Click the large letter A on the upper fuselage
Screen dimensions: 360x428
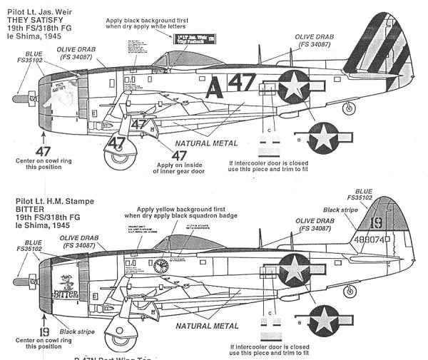click(x=213, y=88)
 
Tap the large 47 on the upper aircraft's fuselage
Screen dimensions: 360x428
click(x=243, y=88)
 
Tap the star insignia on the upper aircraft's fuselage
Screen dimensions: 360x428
click(x=294, y=86)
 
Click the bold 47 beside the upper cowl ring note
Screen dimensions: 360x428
click(x=43, y=151)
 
